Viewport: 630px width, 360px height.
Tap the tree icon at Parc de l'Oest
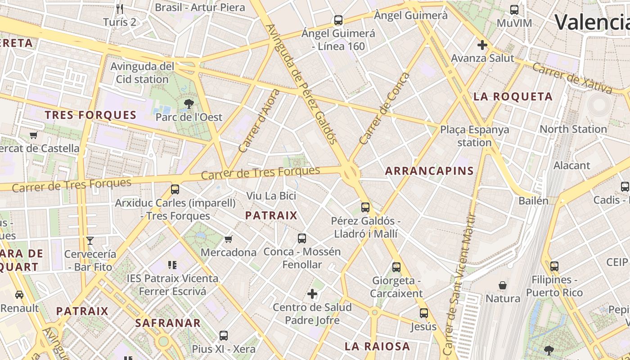189,104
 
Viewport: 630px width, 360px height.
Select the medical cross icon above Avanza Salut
482,45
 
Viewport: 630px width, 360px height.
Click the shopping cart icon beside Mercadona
229,239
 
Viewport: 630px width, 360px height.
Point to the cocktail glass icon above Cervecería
90,241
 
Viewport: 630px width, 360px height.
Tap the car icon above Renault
19,295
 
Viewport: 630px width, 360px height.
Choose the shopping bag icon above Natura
503,285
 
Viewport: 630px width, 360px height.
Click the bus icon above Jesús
423,313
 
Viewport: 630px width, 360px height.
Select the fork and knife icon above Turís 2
119,9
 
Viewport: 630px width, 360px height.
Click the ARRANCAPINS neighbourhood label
430,171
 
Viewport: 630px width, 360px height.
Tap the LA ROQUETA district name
513,97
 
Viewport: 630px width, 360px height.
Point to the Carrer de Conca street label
385,108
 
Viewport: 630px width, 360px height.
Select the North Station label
573,129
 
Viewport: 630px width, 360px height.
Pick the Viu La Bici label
271,196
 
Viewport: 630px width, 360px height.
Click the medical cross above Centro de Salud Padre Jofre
312,294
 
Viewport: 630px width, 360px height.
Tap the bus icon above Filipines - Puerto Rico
554,266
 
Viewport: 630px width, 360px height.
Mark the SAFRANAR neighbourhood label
168,323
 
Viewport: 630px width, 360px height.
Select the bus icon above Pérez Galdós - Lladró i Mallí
365,207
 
